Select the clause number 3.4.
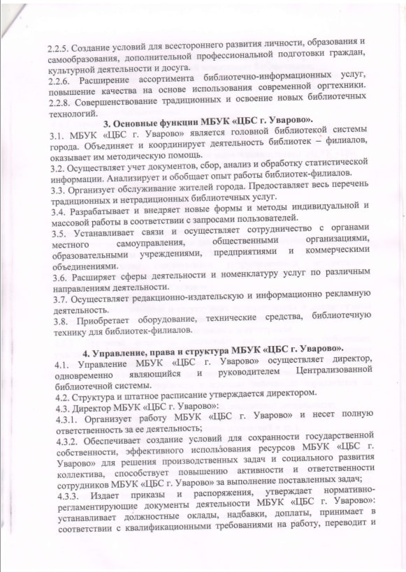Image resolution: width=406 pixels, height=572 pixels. tap(59, 212)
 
